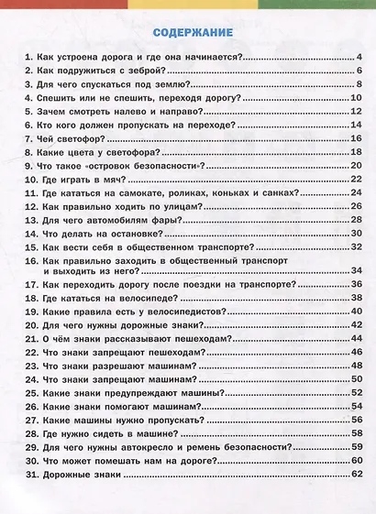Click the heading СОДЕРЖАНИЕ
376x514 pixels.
[x=187, y=35]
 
